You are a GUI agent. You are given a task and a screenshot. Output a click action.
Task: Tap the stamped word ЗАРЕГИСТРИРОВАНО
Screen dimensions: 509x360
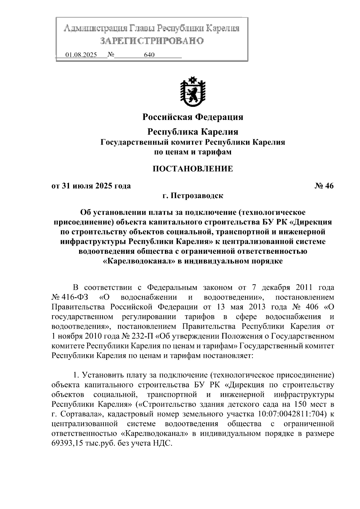coord(152,41)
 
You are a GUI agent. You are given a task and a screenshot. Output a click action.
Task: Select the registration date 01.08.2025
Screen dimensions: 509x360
coord(81,55)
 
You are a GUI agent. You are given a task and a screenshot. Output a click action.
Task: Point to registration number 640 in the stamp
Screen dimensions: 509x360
coord(149,55)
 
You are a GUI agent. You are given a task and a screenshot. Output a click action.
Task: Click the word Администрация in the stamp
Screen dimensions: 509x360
coord(96,29)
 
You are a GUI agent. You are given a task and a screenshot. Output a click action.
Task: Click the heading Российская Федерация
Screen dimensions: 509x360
coord(193,117)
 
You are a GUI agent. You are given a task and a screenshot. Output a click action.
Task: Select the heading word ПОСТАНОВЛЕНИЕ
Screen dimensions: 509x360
coord(193,169)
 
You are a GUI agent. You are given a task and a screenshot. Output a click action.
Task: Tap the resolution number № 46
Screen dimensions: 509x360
coord(324,186)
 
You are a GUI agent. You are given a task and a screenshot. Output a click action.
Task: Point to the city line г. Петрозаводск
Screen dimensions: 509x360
coord(193,196)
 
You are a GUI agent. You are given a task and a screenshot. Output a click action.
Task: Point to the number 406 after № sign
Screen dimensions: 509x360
coord(312,307)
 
